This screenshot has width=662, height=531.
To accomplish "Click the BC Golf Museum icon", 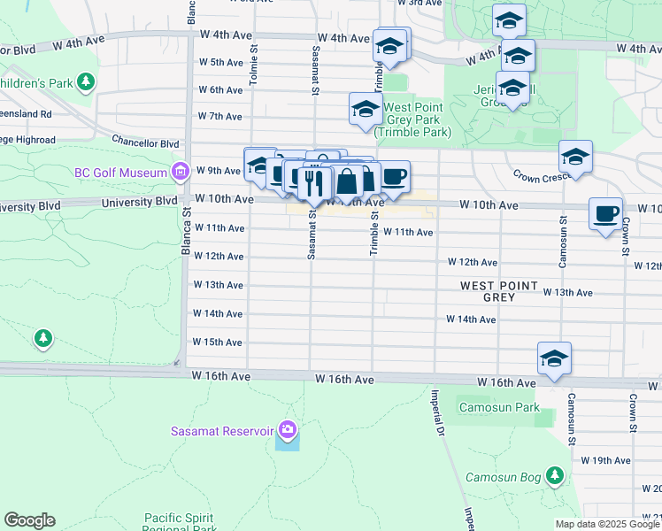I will tap(181, 171).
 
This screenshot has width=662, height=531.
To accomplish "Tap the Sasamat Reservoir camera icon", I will tap(287, 431).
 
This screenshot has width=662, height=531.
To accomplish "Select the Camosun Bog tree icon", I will tap(555, 476).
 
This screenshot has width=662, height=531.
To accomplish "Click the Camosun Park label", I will tap(486, 408).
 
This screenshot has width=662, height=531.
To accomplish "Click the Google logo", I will tap(29, 520).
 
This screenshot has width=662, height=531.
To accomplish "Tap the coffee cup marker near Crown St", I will tap(605, 214).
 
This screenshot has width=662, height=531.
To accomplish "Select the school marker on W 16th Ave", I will tap(554, 358).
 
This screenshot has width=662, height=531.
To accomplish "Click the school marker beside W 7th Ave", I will tap(365, 110).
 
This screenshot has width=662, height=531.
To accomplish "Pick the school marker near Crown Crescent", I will tap(575, 158).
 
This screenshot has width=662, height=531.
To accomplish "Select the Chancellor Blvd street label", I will tap(145, 142).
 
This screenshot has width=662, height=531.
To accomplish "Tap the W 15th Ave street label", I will tap(217, 342).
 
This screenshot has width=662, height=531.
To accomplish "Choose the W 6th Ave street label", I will tap(220, 89).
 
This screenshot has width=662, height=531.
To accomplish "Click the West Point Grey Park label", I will tap(412, 120).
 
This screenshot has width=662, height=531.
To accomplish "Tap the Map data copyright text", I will tap(606, 523).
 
